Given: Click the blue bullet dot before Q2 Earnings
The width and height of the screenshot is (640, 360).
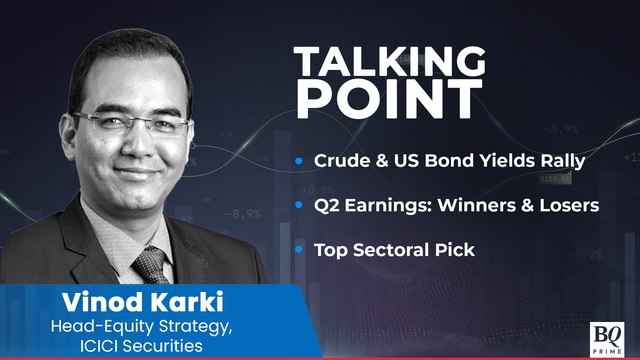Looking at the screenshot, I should (300, 206).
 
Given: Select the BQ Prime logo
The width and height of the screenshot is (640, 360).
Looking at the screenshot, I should (606, 335).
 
